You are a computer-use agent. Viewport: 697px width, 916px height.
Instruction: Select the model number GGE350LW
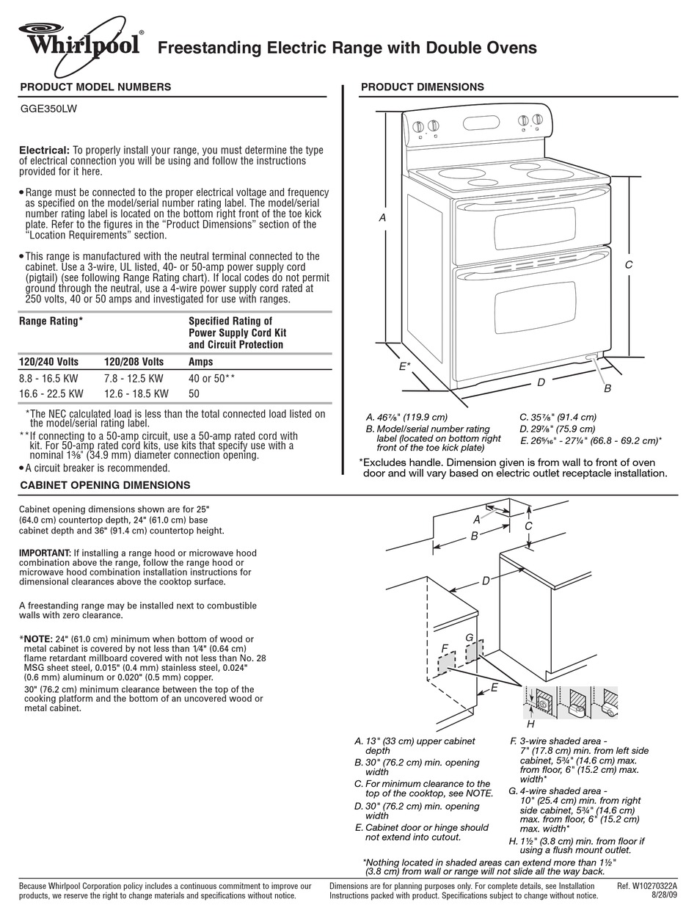pos(48,108)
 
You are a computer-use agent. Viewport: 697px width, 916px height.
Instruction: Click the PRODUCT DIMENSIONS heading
pos(422,87)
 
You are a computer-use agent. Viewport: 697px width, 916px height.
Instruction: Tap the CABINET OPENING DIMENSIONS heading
pos(105,485)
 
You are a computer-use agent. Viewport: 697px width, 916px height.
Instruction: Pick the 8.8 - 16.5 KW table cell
pos(48,379)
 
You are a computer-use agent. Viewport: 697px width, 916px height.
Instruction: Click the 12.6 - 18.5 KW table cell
pos(136,393)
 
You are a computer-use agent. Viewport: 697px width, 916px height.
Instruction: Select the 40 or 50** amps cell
pos(211,379)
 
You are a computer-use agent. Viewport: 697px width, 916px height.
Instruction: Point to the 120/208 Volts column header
pos(134,362)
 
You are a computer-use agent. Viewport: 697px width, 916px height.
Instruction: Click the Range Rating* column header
pos(51,321)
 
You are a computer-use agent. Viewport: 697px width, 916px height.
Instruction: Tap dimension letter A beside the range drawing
pos(382,218)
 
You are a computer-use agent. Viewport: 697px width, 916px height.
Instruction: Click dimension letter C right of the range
pos(628,265)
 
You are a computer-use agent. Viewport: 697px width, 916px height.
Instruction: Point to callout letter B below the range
pos(607,388)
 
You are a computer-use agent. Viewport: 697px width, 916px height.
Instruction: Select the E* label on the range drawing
pos(404,365)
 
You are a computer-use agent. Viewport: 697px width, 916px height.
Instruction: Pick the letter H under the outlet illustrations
pos(531,724)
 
